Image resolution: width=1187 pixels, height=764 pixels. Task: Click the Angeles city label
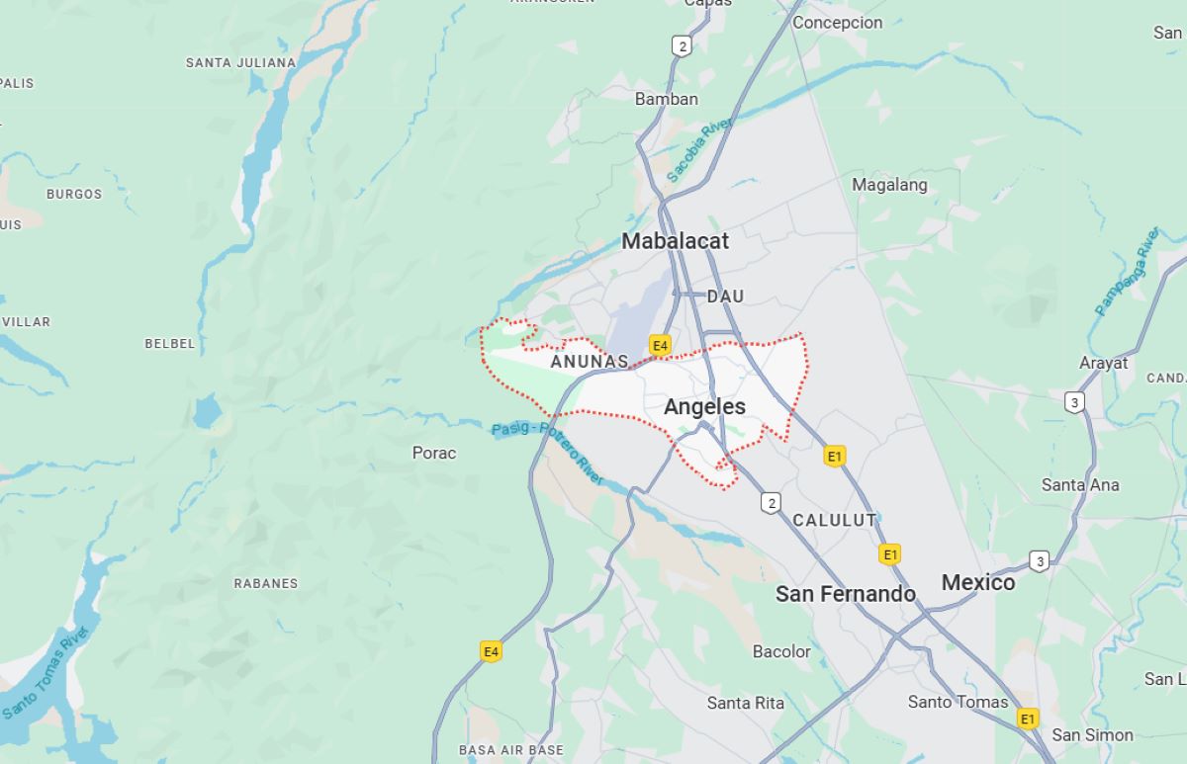[x=704, y=406]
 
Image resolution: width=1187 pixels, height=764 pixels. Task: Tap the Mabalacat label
[x=675, y=241]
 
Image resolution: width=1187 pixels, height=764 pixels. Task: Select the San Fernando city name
[x=845, y=593]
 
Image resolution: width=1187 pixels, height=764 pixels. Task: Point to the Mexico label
[x=977, y=582]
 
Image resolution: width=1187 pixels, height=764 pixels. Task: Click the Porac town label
[x=434, y=453]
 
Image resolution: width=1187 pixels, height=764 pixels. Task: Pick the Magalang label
[x=889, y=185]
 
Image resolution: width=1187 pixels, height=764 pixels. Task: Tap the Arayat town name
[x=1103, y=363]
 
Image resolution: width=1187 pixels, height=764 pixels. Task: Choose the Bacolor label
[x=781, y=651]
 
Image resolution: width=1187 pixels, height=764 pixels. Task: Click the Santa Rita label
[x=745, y=703]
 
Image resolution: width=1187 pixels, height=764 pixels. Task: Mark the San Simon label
[x=1092, y=734]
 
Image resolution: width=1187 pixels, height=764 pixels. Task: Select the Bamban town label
[x=666, y=99]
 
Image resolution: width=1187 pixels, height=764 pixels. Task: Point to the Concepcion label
[x=837, y=23]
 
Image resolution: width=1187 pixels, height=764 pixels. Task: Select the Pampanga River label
[x=1128, y=271]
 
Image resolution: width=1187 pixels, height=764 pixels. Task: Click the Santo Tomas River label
[x=46, y=672]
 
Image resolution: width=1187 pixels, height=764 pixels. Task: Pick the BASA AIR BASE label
[x=510, y=750]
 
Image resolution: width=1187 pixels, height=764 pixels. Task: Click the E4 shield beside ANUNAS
[x=661, y=345]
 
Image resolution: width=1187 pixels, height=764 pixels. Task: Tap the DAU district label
[x=725, y=297]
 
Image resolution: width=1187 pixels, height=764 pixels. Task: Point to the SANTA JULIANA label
[x=240, y=62]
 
